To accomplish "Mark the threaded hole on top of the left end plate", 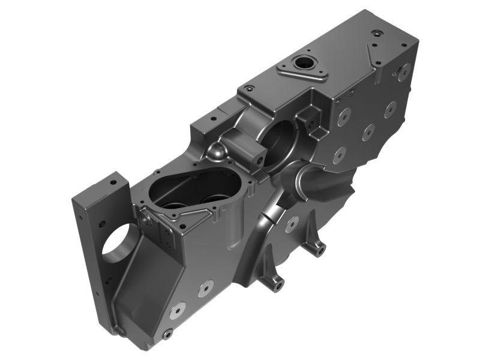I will point(112,181).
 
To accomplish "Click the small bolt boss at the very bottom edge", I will point(168,333).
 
